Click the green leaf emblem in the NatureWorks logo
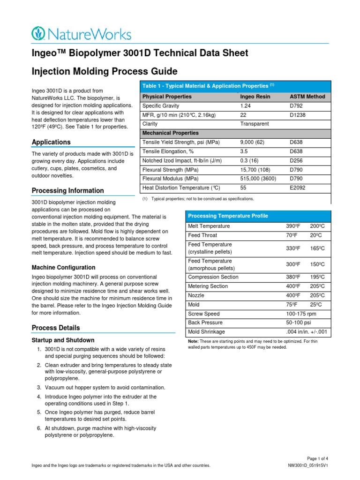click(39, 33)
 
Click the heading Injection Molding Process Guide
click(105, 72)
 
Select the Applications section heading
click(51, 142)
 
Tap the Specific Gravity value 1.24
click(246, 106)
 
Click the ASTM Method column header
click(307, 97)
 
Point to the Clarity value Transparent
click(255, 124)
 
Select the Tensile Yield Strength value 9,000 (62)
click(252, 142)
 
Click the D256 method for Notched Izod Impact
click(296, 160)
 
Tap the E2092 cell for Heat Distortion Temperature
click(298, 188)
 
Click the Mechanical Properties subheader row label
click(170, 133)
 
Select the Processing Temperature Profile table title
click(228, 216)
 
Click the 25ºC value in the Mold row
click(317, 305)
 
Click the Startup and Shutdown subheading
click(63, 340)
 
